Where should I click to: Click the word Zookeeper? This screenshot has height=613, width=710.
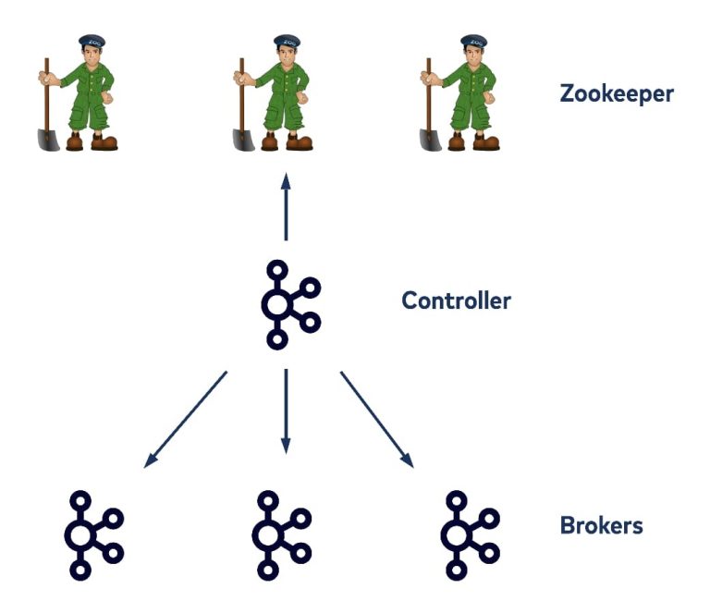tap(617, 93)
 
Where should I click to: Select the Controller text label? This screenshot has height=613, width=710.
tap(456, 300)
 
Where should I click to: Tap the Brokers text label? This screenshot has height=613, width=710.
tap(601, 526)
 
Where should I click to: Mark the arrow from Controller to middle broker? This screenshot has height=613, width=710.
tap(286, 411)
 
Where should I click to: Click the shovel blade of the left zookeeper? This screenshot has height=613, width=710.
tap(48, 139)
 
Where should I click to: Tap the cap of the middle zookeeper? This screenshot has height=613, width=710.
tap(285, 42)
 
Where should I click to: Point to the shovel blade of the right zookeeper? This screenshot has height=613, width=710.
tap(430, 139)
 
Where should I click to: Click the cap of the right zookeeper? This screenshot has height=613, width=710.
tap(474, 42)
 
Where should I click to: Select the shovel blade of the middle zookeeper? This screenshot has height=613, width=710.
tap(241, 139)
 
